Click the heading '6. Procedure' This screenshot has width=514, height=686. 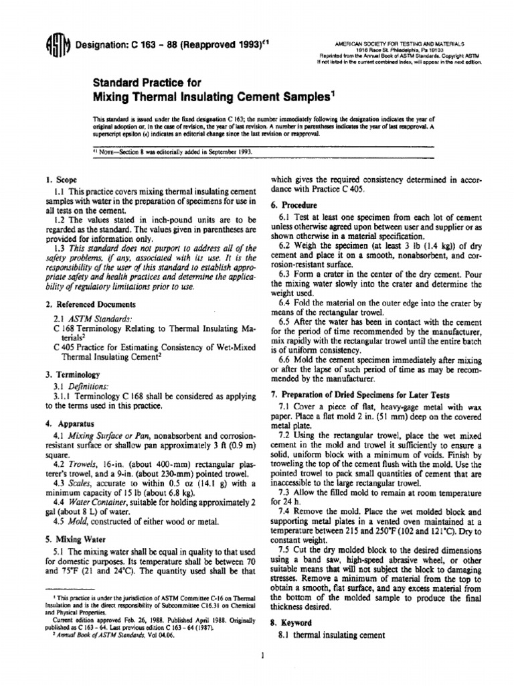[x=292, y=205]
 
